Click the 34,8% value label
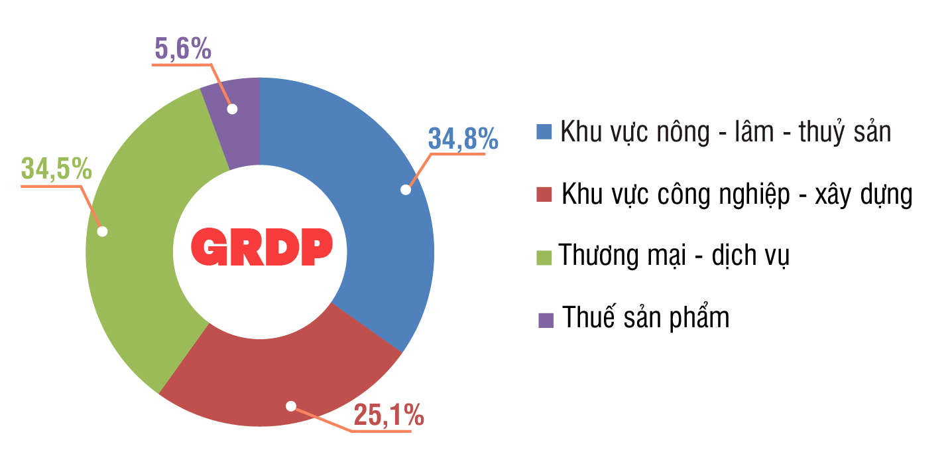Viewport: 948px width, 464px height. tap(463, 139)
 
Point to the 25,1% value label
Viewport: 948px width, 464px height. tap(388, 416)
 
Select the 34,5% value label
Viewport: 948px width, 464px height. tap(56, 169)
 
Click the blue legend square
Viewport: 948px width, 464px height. tap(544, 131)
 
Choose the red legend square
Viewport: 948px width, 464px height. tap(544, 194)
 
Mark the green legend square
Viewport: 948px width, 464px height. tap(544, 257)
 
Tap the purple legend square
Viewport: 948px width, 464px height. tap(546, 320)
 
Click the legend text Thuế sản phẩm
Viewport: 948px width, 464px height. tap(646, 317)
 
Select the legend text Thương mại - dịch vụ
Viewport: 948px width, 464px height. tap(673, 256)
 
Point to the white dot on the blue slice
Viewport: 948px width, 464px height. tap(406, 190)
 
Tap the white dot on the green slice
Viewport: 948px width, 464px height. tap(102, 232)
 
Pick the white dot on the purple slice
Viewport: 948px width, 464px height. tap(231, 108)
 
